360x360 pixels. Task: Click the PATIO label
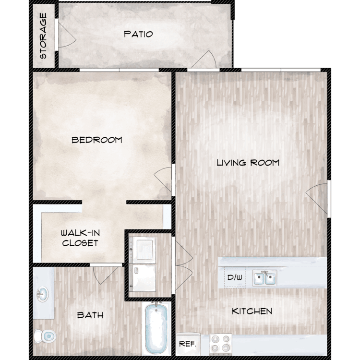coord(138,34)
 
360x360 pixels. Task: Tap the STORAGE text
coord(43,36)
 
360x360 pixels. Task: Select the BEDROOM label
coord(97,140)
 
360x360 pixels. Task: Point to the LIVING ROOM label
coord(248,163)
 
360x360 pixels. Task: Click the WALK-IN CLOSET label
coord(80,238)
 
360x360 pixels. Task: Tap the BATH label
coord(90,315)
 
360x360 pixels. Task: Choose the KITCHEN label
coord(252,311)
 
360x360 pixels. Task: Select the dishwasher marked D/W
coord(235,277)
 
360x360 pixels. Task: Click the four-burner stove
coord(221,344)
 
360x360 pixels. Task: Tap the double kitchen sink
coord(264,278)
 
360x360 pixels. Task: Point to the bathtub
coord(156,328)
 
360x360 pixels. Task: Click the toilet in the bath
coord(45,336)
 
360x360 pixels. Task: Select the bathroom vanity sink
coord(43,294)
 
